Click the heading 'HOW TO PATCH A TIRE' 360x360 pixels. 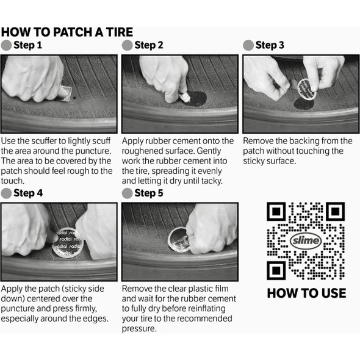(x=67, y=32)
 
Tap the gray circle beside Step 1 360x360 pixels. (x=7, y=45)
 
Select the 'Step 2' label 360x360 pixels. (x=149, y=45)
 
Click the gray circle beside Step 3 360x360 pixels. (x=248, y=45)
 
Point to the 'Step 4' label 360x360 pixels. (x=28, y=193)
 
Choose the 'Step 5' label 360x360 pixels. (x=149, y=193)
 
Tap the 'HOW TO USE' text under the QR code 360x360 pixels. (x=306, y=293)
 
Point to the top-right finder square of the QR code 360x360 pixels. (x=335, y=211)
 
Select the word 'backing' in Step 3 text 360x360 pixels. (x=306, y=141)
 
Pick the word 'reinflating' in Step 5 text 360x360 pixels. (x=214, y=309)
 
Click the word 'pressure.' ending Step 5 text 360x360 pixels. (x=139, y=328)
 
